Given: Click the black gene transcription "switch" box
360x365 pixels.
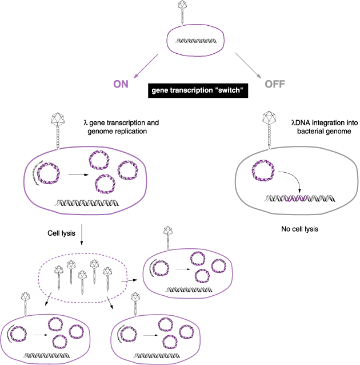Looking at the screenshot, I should [x=197, y=90].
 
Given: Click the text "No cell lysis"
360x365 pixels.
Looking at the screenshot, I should [x=300, y=229].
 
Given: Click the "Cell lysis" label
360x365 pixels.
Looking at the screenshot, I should [x=61, y=233].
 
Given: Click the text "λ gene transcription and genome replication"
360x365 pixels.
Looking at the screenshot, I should [x=121, y=127].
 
